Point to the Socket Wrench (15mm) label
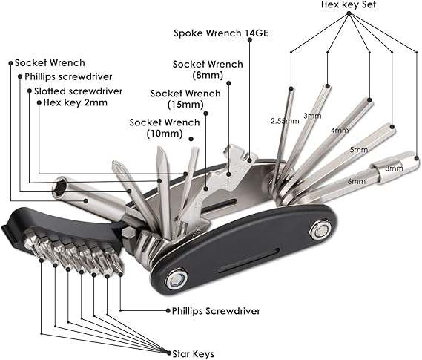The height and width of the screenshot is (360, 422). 185,99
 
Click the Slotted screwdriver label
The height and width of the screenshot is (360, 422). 78,91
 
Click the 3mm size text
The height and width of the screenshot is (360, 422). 312,116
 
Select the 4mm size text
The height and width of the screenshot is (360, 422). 340,131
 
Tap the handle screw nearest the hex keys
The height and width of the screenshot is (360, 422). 320,231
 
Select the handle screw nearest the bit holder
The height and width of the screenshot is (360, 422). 177,280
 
